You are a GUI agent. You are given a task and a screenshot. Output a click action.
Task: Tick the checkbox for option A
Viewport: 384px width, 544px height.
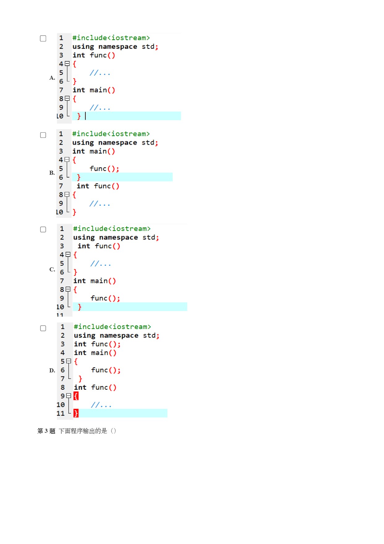click(x=43, y=38)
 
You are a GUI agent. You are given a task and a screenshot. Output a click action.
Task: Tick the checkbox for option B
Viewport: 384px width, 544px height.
click(x=43, y=135)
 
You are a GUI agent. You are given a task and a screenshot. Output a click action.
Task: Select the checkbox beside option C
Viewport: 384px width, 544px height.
click(x=43, y=230)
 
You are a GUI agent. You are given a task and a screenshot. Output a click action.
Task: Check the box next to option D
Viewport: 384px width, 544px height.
click(x=43, y=328)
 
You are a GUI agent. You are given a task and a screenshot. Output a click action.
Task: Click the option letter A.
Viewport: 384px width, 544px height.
click(x=52, y=78)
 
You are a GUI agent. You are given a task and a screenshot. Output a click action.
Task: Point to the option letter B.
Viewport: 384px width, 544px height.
click(x=52, y=173)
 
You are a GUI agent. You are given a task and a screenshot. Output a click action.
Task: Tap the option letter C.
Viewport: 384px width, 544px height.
click(x=52, y=270)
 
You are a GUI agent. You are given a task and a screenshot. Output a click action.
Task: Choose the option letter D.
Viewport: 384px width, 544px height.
click(x=52, y=371)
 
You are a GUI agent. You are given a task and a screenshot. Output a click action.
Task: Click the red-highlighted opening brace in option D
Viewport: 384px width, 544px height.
click(x=76, y=396)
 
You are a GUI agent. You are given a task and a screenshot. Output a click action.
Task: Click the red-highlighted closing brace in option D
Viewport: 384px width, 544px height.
click(x=76, y=413)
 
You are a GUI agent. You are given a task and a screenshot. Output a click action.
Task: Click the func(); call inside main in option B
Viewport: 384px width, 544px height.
click(x=104, y=169)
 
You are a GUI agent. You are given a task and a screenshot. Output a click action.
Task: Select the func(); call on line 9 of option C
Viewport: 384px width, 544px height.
click(x=105, y=298)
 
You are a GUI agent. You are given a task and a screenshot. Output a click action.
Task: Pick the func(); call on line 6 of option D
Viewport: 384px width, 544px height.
click(x=106, y=370)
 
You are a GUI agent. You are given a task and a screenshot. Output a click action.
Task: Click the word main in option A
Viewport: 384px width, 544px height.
click(x=98, y=90)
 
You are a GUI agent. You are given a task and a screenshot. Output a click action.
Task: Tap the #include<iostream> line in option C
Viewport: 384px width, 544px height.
click(x=112, y=229)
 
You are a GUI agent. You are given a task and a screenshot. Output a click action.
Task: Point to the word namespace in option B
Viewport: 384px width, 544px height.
click(x=118, y=143)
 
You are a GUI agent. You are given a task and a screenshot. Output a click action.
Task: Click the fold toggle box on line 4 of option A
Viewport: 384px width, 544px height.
click(x=67, y=64)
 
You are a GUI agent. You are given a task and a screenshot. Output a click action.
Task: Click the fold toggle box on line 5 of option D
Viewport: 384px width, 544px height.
click(x=68, y=361)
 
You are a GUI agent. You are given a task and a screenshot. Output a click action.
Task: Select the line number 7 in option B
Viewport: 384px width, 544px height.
click(x=61, y=186)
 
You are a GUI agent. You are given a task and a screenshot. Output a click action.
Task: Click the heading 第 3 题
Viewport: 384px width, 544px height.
click(x=46, y=431)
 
